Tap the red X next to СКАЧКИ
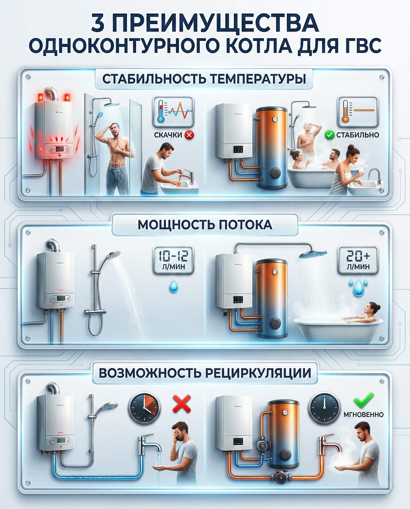coord(189,135)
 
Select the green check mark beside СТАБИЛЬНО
coord(329,135)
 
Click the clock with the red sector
coord(144,408)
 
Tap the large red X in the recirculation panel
coord(182,404)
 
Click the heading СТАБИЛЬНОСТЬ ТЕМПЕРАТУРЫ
coord(204,79)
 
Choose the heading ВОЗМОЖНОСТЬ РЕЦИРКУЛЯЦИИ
coord(205,373)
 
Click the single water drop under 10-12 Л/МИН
coord(174,286)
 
